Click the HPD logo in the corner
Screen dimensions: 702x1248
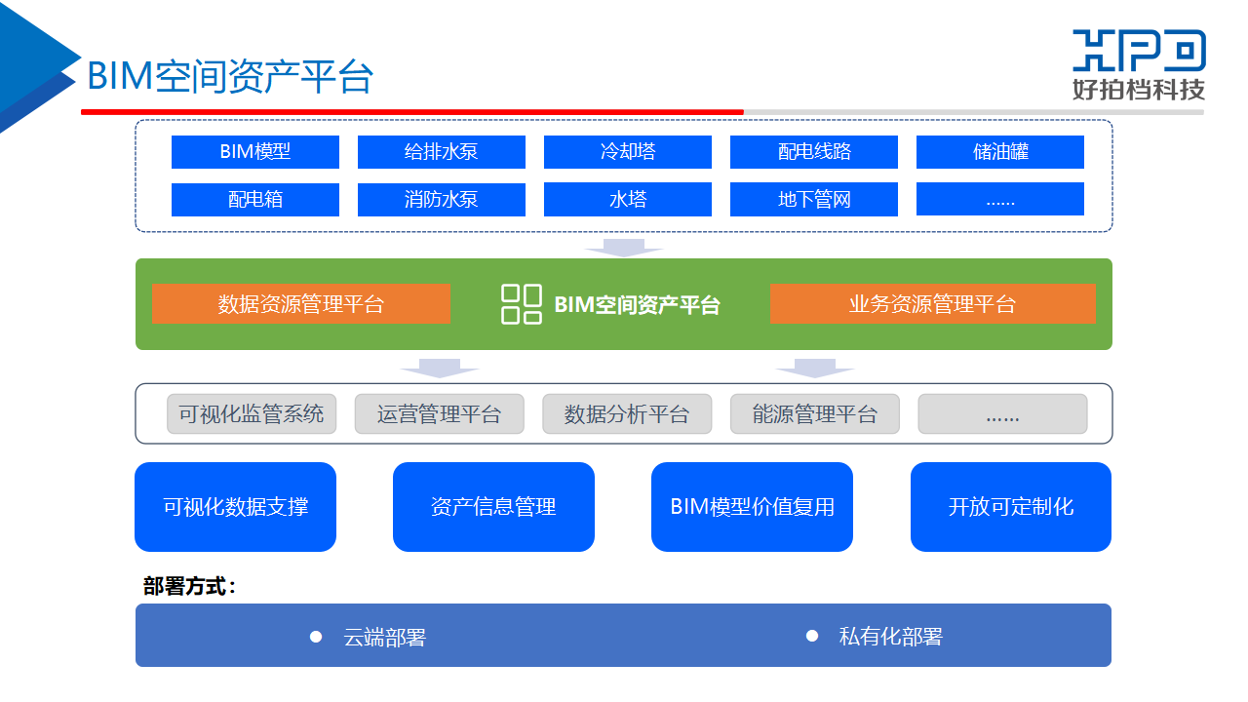pyautogui.click(x=1139, y=64)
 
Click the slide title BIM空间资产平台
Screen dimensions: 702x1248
pyautogui.click(x=230, y=77)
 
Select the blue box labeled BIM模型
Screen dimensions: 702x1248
pyautogui.click(x=255, y=152)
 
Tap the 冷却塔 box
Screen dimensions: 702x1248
pyautogui.click(x=628, y=152)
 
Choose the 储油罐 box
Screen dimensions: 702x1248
pyautogui.click(x=1000, y=152)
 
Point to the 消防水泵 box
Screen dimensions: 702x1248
pyautogui.click(x=442, y=200)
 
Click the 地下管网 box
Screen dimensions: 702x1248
pyautogui.click(x=814, y=200)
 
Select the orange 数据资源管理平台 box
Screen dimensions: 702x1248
pyautogui.click(x=301, y=304)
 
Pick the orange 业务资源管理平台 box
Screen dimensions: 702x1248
pyautogui.click(x=932, y=304)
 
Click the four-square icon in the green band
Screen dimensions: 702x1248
pyautogui.click(x=522, y=304)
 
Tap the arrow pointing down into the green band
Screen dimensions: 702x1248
pyautogui.click(x=624, y=248)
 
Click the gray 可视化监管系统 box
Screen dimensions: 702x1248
pyautogui.click(x=252, y=413)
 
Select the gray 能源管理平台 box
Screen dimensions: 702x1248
pyautogui.click(x=815, y=413)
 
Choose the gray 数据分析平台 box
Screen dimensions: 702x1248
pyautogui.click(x=627, y=413)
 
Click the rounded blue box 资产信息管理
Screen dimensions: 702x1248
pyautogui.click(x=493, y=507)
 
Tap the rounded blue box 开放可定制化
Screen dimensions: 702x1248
pyautogui.click(x=1011, y=507)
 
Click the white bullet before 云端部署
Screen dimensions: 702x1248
pyautogui.click(x=316, y=637)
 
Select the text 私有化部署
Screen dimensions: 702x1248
pyautogui.click(x=891, y=637)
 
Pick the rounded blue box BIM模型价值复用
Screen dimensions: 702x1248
pyautogui.click(x=752, y=507)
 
